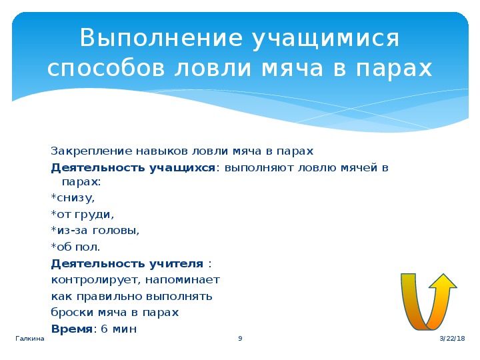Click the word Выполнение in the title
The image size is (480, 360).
(161, 38)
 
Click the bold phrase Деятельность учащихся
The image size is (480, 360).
(133, 168)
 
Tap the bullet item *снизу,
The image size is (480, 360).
(73, 198)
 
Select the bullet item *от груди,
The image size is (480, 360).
(83, 214)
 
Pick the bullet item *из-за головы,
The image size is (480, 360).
(95, 230)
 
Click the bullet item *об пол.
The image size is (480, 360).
(75, 247)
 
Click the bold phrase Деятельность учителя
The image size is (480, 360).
(127, 263)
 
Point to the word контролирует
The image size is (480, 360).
(96, 280)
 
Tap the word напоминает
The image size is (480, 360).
(183, 280)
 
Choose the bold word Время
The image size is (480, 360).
(71, 329)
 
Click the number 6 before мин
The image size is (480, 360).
(105, 329)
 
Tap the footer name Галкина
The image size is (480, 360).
(30, 338)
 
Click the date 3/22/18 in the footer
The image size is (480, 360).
(453, 338)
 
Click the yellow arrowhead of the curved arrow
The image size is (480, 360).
(443, 281)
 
